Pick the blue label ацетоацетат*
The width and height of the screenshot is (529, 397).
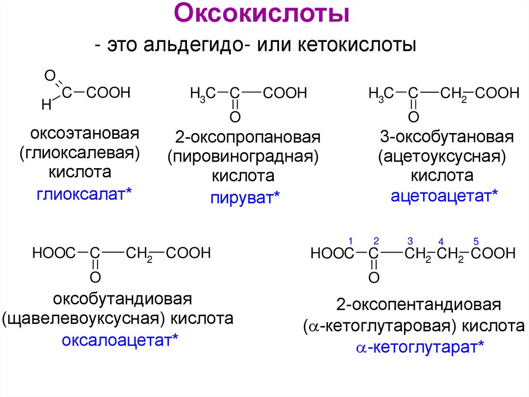tap(444, 195)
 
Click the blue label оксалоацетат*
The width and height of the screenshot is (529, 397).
tap(120, 340)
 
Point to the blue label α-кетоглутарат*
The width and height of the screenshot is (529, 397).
tap(420, 347)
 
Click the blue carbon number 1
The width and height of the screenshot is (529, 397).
tap(350, 241)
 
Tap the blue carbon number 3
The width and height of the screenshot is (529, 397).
tap(410, 241)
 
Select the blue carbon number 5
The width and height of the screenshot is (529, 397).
tap(476, 241)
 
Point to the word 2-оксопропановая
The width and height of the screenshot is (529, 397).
tap(247, 138)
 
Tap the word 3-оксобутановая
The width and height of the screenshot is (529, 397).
tap(446, 138)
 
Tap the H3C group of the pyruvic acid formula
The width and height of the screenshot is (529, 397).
tap(200, 94)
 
